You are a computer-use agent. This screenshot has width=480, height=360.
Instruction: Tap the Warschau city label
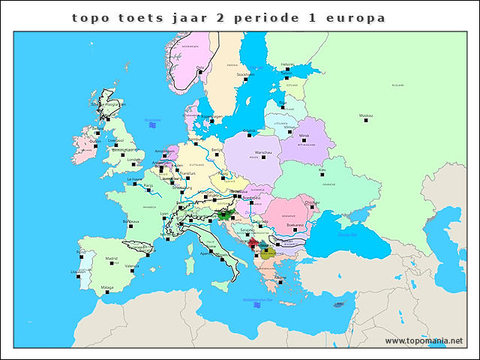(x=264, y=152)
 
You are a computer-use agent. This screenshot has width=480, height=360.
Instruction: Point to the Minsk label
(x=304, y=136)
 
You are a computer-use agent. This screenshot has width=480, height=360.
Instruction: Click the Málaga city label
(x=106, y=286)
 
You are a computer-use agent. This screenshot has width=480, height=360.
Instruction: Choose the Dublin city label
(x=95, y=140)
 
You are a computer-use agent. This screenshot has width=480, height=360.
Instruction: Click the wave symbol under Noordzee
(x=152, y=124)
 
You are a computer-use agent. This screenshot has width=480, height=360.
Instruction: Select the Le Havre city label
(x=134, y=179)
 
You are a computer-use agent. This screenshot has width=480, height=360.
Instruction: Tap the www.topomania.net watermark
(x=424, y=341)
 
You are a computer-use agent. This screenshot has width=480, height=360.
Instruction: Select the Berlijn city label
(x=217, y=149)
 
